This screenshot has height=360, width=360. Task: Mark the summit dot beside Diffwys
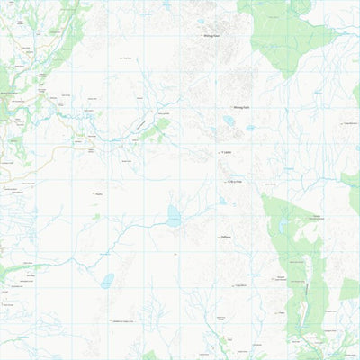pos(219,238)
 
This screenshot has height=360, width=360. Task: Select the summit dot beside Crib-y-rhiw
pos(227,183)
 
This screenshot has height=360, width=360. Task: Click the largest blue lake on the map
pos(174,216)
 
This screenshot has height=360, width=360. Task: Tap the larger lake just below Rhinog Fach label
pos(230,121)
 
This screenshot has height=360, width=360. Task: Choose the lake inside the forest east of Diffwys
pos(283,227)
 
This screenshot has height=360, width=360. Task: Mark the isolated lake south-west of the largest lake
pos(107,280)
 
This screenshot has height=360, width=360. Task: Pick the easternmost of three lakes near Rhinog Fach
pos(250,129)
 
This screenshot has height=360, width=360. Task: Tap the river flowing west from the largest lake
pos(135,225)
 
